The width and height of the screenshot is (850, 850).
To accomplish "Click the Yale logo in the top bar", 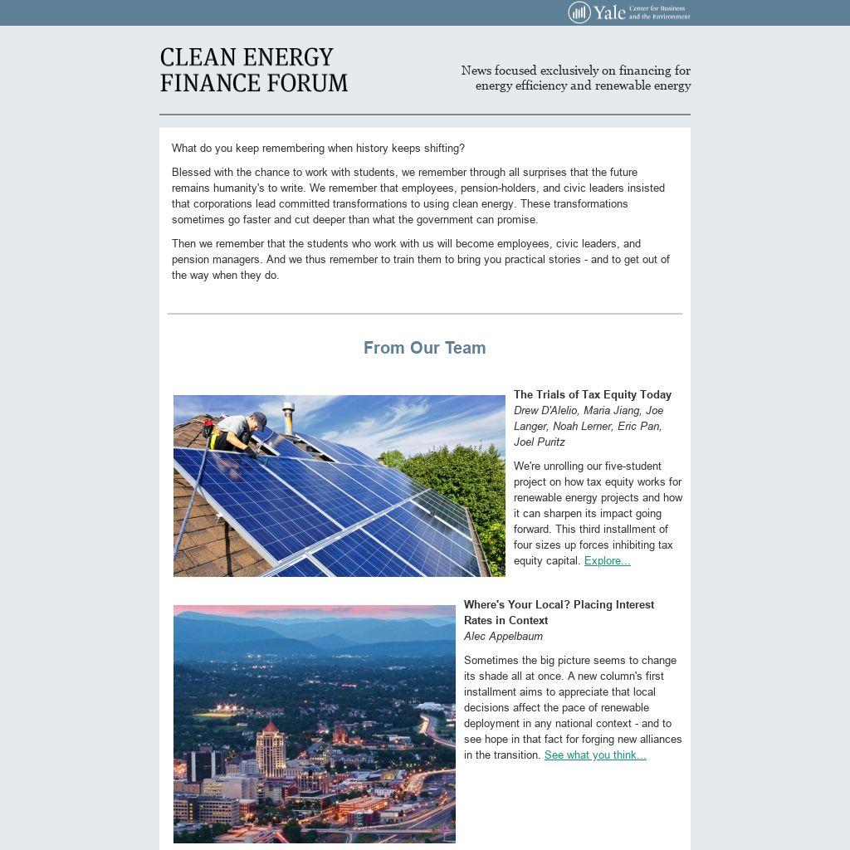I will pos(628,12).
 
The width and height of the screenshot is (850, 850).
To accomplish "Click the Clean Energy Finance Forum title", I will pos(253,71).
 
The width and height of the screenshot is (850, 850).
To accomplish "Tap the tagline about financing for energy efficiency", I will pos(576,78).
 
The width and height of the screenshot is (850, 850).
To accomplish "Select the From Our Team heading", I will pos(424,348).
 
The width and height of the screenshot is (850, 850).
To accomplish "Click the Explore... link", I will pos(607,561).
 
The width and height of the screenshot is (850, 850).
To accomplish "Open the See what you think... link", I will pos(594,755).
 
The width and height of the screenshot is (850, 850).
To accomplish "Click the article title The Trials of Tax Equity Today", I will pos(592,395).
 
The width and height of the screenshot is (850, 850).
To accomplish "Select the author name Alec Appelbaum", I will pos(503,637).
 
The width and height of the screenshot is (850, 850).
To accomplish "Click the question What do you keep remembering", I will pos(318,149).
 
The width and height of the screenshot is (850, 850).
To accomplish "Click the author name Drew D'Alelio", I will pos(545,411).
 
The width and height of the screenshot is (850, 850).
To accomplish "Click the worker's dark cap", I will pos(260,419).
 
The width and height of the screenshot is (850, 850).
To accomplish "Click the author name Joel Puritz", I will pos(539,442).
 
